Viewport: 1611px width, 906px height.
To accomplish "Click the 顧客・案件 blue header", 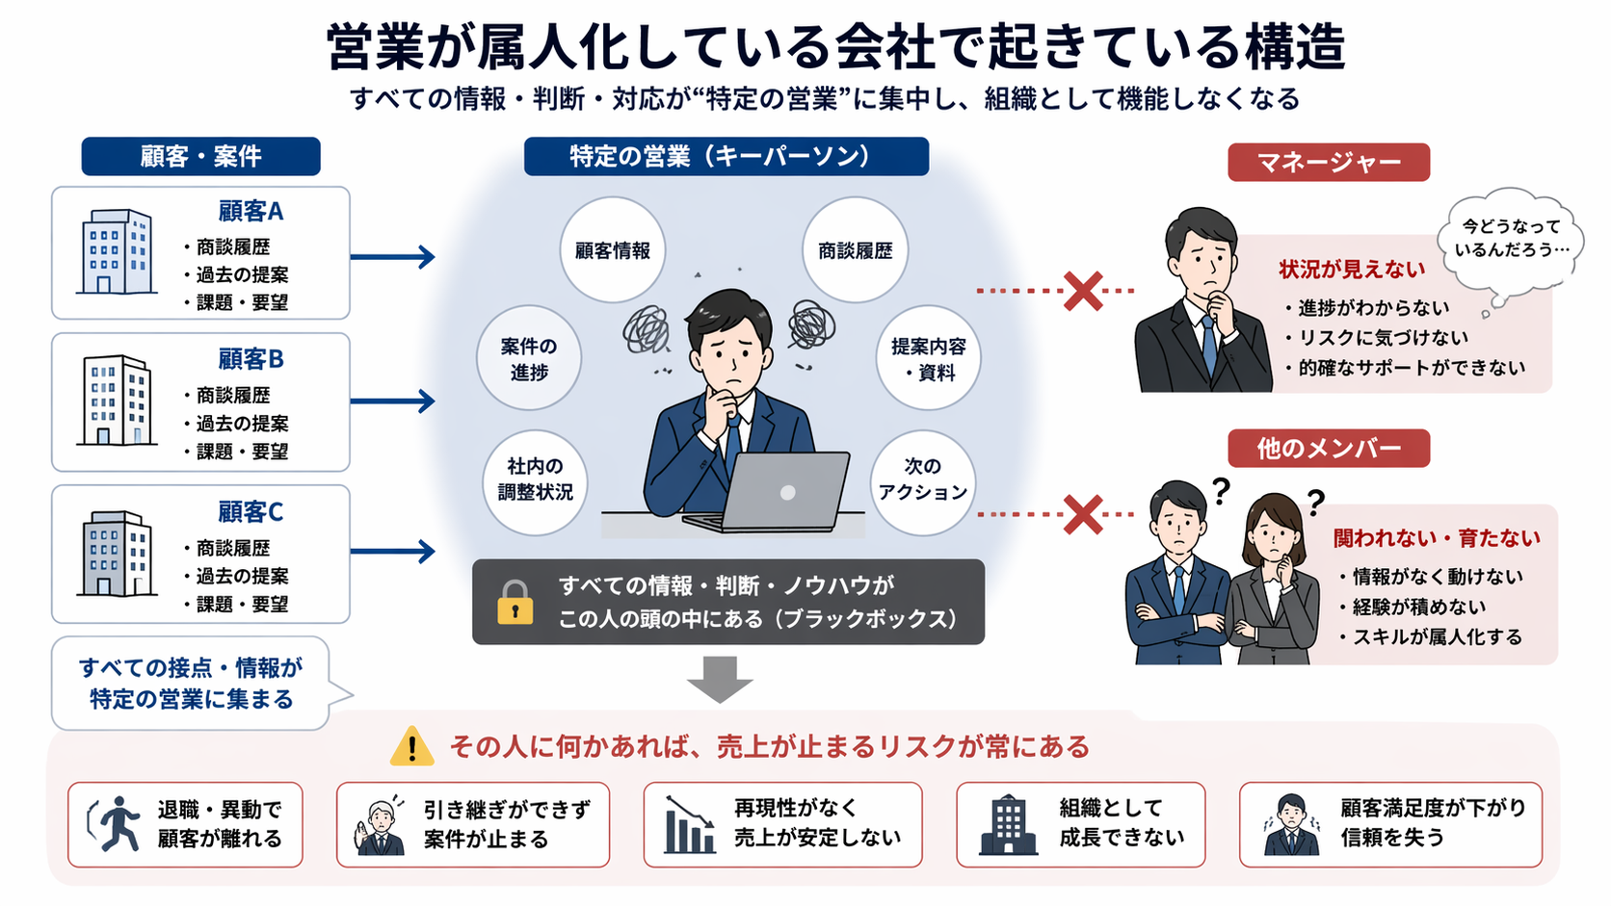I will coord(200,156).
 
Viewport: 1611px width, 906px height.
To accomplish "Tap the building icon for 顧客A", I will coord(117,252).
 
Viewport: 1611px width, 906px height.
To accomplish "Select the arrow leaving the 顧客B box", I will coord(392,401).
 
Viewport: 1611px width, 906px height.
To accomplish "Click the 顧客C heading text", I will coord(251,511).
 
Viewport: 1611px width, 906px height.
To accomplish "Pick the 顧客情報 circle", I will coord(613,250).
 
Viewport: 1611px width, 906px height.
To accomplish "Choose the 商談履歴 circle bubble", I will coord(855,250).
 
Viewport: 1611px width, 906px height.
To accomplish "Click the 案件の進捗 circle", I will coord(528,358).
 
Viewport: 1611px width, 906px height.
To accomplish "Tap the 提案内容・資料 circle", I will coord(928,358).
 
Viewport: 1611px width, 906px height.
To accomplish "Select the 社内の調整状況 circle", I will coord(535,479).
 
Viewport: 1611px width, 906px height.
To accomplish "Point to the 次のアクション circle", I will coord(922,479).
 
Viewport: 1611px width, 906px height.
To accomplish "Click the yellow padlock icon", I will coord(515,604).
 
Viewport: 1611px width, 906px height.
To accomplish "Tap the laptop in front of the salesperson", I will coord(780,493).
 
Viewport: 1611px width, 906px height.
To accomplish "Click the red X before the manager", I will coord(1083,291).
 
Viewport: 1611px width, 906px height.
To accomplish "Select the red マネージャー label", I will coord(1328,162).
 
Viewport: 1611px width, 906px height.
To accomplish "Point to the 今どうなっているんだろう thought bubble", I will coord(1511,239).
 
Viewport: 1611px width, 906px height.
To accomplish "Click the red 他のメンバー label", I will coord(1328,449).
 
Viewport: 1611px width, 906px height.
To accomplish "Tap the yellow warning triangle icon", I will coord(411,746).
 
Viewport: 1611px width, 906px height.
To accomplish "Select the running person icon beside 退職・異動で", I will coord(115,824).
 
